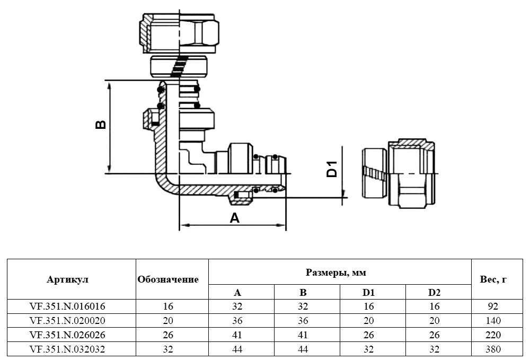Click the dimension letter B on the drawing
point(100,125)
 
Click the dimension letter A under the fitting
point(234,217)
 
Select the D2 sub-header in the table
point(434,292)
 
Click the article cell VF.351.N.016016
point(68,306)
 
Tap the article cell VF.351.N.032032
point(68,349)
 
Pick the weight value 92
point(492,306)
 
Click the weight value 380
point(492,349)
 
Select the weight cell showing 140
point(492,321)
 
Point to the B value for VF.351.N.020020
point(303,321)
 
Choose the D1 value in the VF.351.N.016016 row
point(369,306)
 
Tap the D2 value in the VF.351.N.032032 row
point(434,349)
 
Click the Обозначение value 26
point(167,335)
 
